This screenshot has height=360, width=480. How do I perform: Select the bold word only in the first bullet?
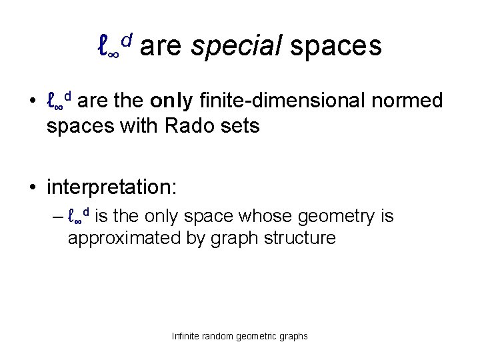click(172, 101)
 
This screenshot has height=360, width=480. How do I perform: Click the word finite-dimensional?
click(279, 101)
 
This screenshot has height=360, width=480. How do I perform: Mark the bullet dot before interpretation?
click(33, 187)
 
